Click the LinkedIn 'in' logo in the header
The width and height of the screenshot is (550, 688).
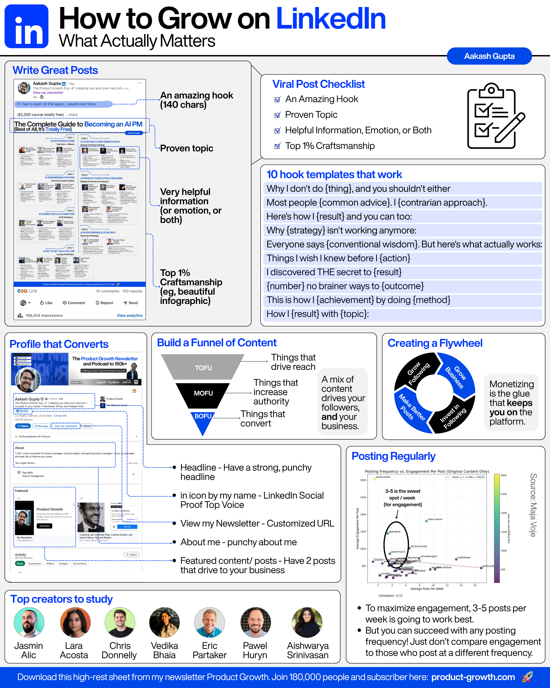click(26, 26)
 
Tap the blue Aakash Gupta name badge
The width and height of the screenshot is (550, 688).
click(489, 56)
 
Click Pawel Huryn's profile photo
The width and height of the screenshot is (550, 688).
click(255, 622)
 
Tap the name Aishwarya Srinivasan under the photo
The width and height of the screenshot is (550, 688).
click(308, 650)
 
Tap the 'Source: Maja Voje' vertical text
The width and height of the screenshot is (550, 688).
click(533, 505)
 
